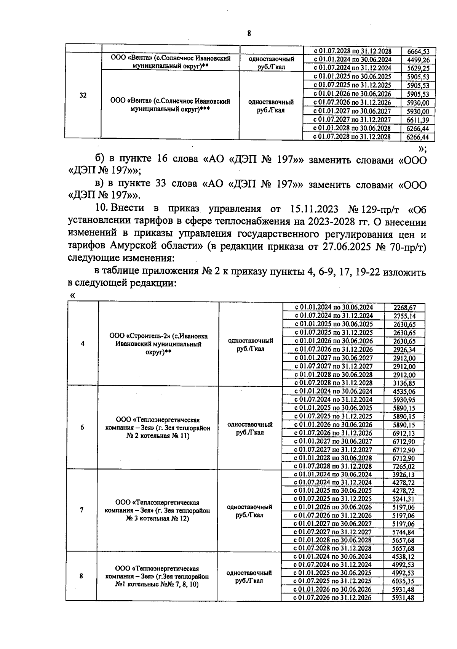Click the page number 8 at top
click(249, 33)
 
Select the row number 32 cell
click(83, 95)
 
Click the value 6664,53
click(418, 51)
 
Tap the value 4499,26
click(418, 60)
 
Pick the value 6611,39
click(418, 120)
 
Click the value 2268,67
click(404, 307)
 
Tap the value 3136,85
click(404, 383)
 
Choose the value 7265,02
click(404, 466)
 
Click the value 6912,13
click(404, 433)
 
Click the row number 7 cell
click(81, 510)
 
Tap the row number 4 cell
click(83, 343)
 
